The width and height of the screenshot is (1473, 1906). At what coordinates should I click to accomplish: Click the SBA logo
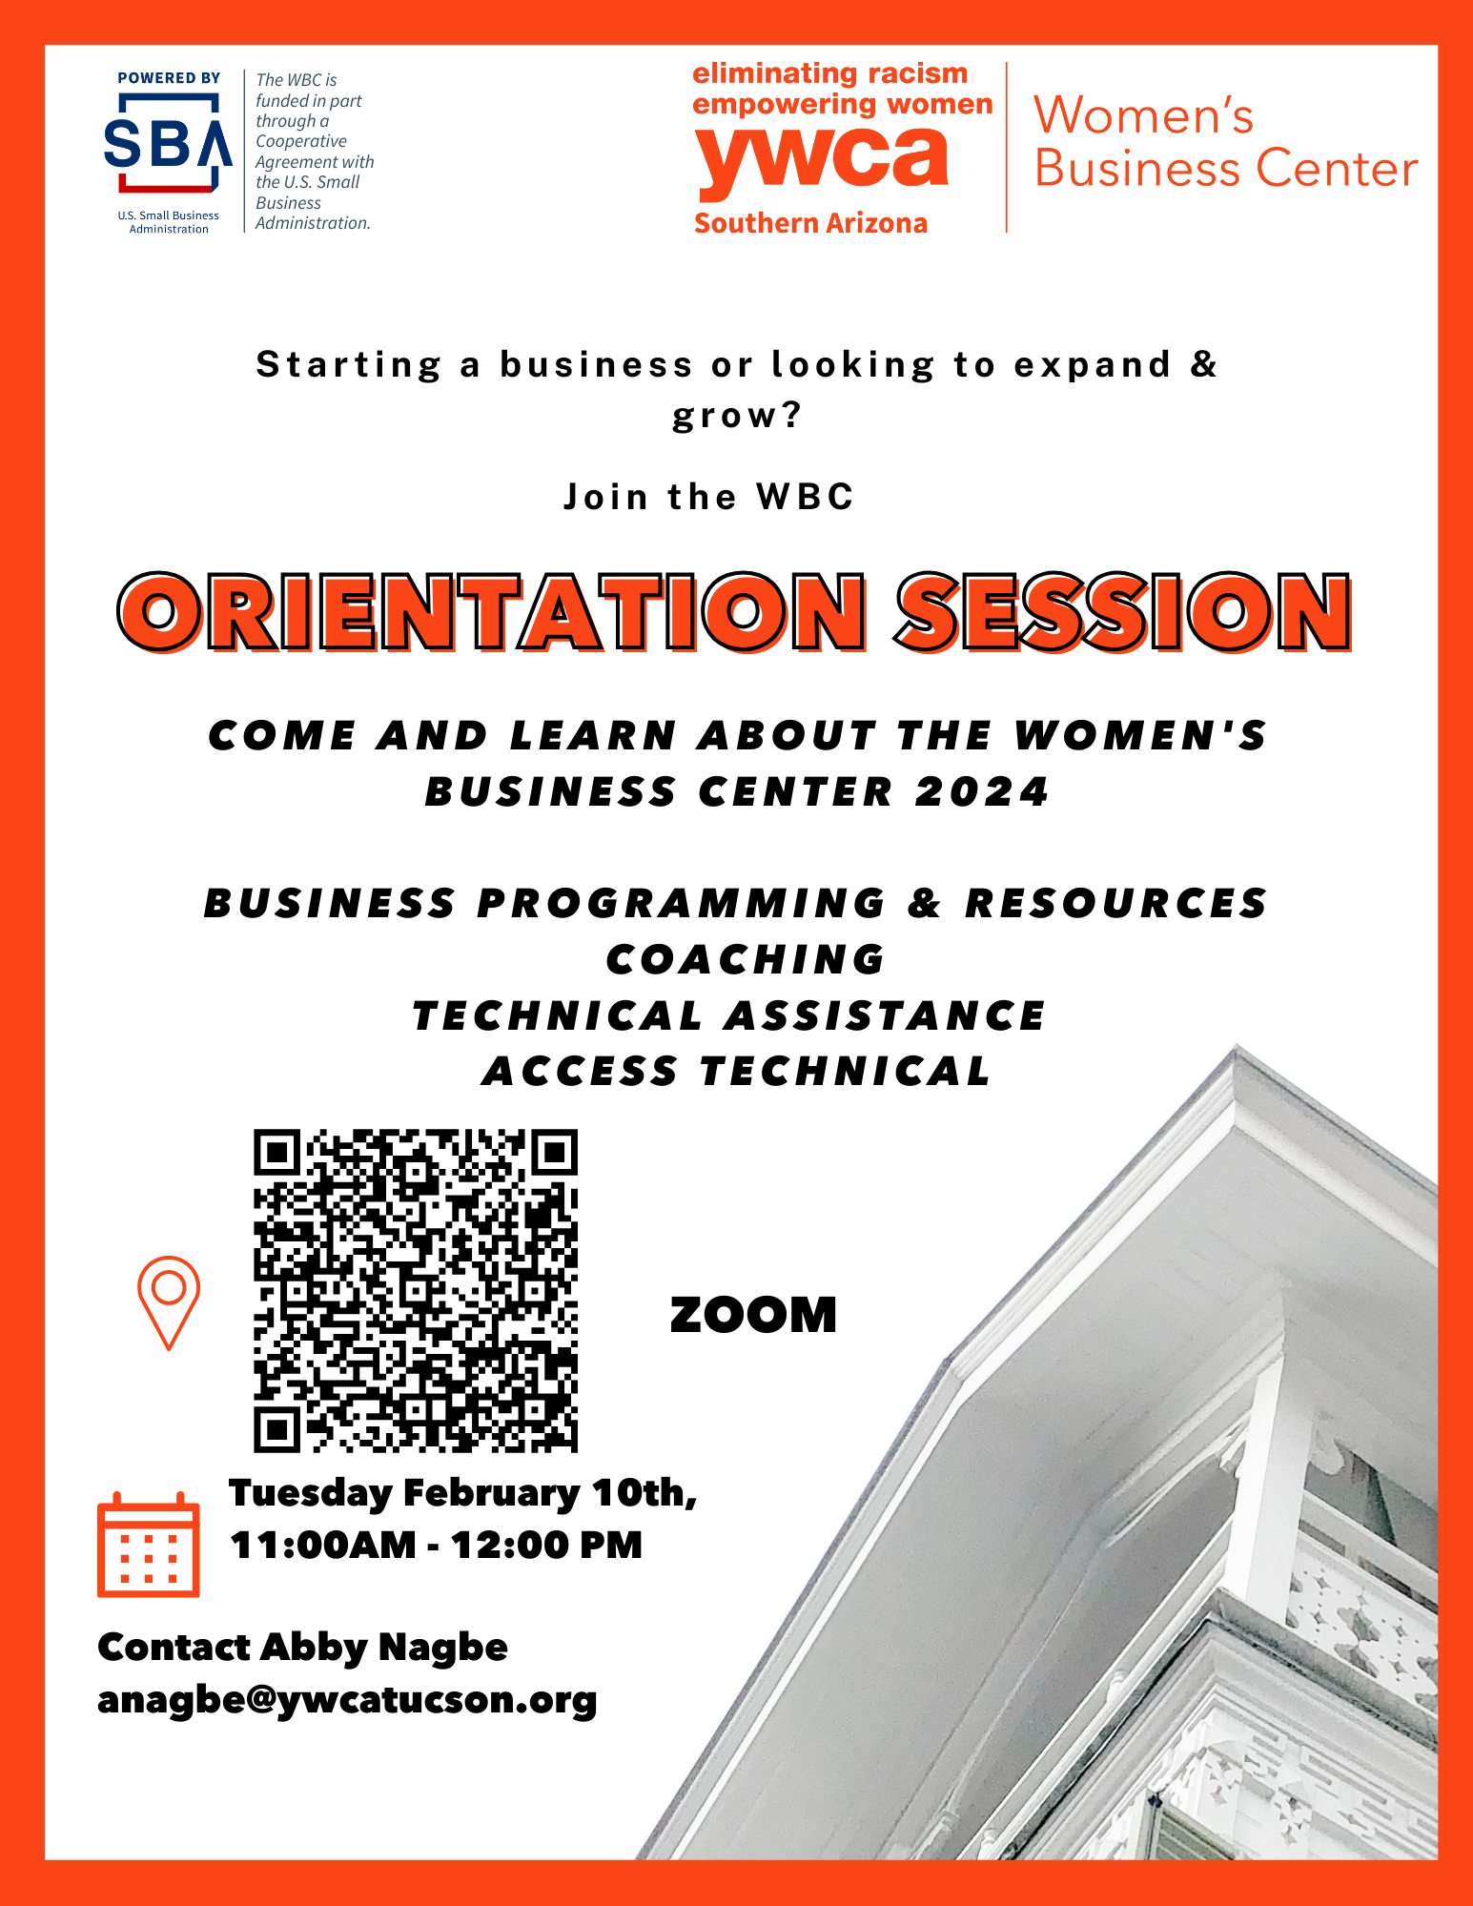click(x=168, y=143)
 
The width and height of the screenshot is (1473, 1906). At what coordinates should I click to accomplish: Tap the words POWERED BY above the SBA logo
click(x=169, y=78)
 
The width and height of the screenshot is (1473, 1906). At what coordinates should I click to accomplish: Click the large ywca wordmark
click(x=822, y=159)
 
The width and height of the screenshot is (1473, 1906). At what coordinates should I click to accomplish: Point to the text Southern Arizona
click(x=810, y=223)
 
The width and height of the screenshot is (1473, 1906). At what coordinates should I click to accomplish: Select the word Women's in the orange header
click(x=1144, y=115)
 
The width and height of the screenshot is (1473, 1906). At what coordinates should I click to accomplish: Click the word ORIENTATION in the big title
click(x=492, y=612)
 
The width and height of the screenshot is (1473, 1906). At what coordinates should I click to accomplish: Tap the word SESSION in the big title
click(x=1123, y=612)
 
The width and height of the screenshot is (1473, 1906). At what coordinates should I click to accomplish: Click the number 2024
click(x=982, y=791)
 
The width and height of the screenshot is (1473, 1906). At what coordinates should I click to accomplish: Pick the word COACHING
click(x=746, y=959)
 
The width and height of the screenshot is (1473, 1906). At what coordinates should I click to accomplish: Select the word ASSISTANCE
click(x=885, y=1015)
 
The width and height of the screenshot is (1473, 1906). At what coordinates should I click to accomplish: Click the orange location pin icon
click(x=169, y=1302)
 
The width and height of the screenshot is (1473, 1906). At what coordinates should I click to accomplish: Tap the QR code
click(x=416, y=1290)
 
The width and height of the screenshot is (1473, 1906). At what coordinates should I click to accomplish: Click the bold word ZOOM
click(x=753, y=1315)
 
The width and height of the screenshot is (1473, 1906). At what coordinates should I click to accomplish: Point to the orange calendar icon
click(x=149, y=1544)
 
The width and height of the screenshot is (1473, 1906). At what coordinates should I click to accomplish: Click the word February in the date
click(x=491, y=1494)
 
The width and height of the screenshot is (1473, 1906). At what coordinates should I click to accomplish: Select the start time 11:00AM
click(x=323, y=1545)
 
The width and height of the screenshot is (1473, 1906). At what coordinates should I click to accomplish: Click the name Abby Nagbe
click(x=383, y=1648)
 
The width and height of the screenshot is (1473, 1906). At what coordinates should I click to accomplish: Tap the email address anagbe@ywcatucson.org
click(x=347, y=1700)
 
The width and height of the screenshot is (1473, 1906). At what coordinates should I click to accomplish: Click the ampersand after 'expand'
click(x=1204, y=364)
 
